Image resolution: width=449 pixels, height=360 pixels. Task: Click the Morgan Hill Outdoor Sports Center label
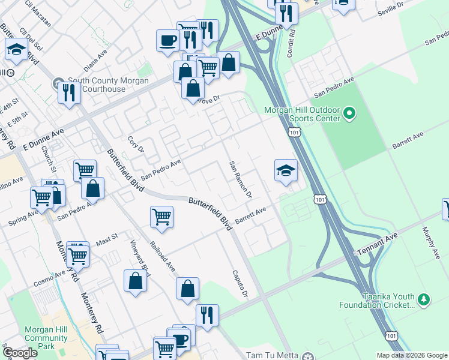pyautogui.click(x=302, y=114)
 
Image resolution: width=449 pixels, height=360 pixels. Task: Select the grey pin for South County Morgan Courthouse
pyautogui.click(x=59, y=82)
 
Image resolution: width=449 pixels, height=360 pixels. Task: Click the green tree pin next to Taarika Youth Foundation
pyautogui.click(x=424, y=299)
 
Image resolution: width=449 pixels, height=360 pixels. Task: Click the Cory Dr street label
pyautogui.click(x=134, y=145)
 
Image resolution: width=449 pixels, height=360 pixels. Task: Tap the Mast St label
pyautogui.click(x=107, y=240)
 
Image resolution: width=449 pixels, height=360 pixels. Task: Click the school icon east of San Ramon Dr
pyautogui.click(x=286, y=170)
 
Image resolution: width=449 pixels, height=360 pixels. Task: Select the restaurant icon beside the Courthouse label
pyautogui.click(x=69, y=92)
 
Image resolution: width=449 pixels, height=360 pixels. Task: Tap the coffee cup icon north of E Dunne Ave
pyautogui.click(x=167, y=41)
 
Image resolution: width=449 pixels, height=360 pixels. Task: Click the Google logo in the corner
pyautogui.click(x=20, y=352)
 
